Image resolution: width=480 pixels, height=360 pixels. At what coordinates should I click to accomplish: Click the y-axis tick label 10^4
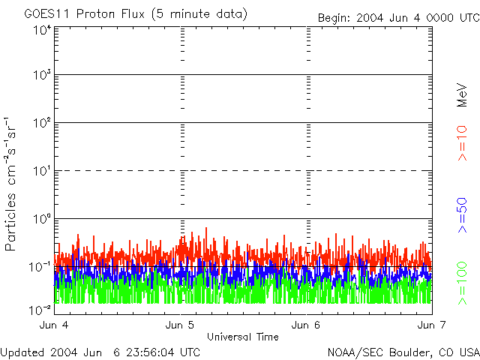point(42,29)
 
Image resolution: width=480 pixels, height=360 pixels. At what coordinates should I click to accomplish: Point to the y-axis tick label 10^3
point(42,76)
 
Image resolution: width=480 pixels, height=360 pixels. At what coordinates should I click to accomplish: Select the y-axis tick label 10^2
point(42,124)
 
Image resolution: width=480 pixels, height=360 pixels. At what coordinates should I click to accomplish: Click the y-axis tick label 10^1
point(42,172)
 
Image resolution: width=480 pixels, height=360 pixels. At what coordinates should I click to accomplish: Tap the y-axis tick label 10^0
point(42,220)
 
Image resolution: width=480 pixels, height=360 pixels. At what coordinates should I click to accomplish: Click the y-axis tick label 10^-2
point(42,310)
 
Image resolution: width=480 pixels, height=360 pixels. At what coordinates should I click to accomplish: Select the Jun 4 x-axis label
point(56,325)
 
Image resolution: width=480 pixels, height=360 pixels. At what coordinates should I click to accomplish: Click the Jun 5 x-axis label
point(181,325)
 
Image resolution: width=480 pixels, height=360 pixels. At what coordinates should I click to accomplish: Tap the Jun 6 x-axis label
point(307,325)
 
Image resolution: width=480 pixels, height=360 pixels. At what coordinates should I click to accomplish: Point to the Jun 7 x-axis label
point(431,325)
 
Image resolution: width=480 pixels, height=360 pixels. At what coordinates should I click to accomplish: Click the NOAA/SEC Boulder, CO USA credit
point(403,352)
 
